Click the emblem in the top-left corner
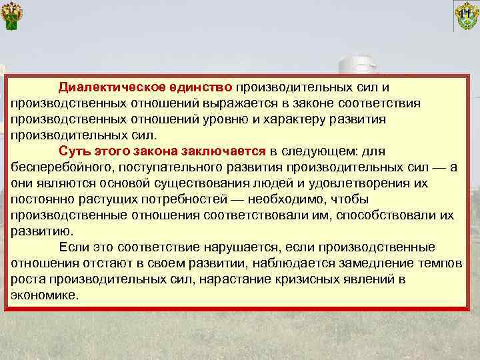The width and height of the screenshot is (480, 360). pyautogui.click(x=13, y=15)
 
